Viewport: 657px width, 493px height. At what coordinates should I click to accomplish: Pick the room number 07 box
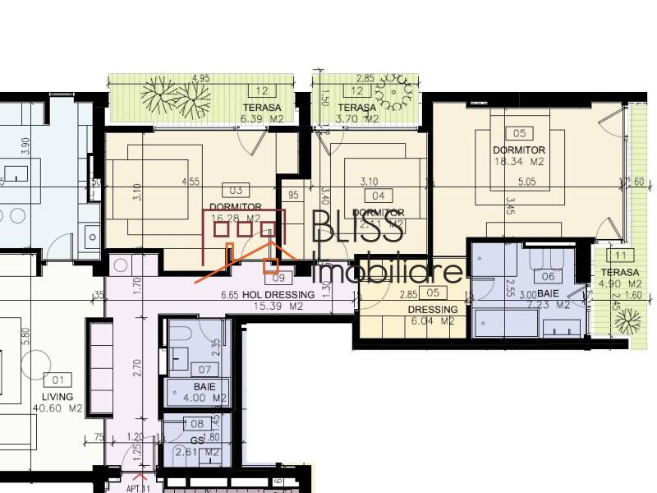(203, 371)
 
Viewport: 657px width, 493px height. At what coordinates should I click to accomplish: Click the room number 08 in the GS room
(197, 424)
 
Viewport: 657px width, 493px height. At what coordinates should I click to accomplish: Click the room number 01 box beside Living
(57, 380)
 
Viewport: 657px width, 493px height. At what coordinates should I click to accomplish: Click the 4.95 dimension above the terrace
(200, 79)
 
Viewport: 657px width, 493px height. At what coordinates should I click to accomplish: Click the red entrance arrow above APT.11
(139, 475)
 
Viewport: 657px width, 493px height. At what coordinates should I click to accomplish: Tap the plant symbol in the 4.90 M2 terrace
(629, 317)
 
